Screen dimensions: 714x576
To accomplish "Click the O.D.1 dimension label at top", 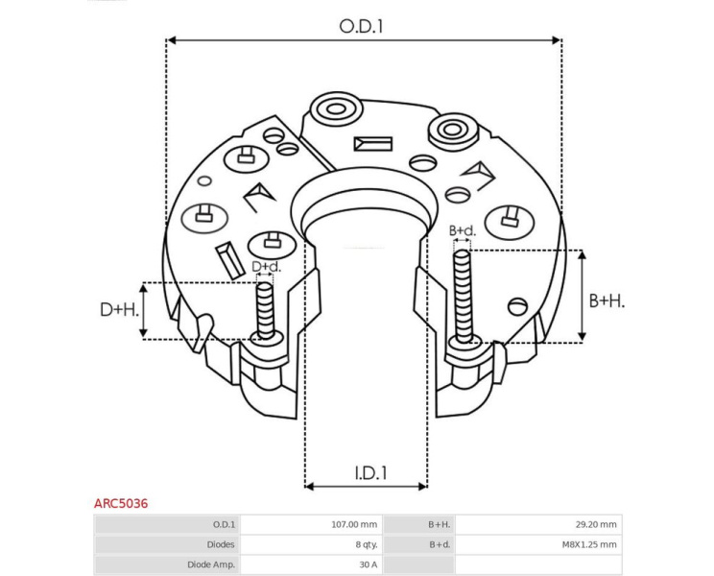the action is [361, 26].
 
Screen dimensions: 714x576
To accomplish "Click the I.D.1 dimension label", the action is [370, 473].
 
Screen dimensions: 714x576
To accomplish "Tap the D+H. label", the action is [119, 310].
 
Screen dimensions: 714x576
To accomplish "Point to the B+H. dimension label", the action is [607, 300].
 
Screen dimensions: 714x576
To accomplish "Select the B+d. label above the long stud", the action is [463, 230].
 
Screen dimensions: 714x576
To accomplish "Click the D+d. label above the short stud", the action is [267, 266].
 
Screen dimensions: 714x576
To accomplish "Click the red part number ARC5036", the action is [121, 503].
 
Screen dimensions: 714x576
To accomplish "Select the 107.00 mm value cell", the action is [354, 524].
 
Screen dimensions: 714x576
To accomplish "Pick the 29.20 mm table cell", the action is [596, 524].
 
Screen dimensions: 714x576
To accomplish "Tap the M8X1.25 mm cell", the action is [589, 544].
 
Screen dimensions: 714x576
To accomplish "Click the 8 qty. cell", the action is [366, 544].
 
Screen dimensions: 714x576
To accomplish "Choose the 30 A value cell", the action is [368, 564].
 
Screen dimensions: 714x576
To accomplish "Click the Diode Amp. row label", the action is [211, 564].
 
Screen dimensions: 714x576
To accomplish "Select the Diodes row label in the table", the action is [221, 544].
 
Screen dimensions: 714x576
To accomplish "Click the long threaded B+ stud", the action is [463, 297].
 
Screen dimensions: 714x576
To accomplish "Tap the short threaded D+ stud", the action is [265, 310].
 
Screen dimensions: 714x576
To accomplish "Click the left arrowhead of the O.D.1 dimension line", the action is [172, 40].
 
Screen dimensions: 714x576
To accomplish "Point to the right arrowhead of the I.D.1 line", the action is [422, 487].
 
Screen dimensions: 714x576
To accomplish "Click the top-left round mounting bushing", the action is [336, 109].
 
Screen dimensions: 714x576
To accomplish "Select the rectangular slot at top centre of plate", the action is [373, 144].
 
